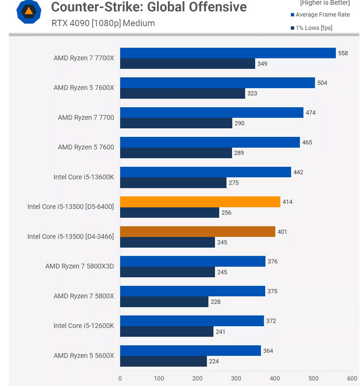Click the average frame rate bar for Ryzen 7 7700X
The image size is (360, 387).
[228, 53]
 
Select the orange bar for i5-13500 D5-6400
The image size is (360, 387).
[200, 202]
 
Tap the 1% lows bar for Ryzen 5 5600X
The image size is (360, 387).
[163, 361]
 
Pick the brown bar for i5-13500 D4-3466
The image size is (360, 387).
[198, 232]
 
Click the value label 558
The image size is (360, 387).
[343, 53]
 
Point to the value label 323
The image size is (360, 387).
[252, 94]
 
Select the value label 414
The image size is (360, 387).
[287, 202]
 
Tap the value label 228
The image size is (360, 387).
[215, 302]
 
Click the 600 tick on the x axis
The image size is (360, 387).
[352, 378]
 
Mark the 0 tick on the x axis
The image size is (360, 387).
[120, 378]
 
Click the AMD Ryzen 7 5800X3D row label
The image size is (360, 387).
[80, 266]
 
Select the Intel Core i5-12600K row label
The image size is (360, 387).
[84, 326]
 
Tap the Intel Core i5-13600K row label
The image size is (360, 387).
[84, 177]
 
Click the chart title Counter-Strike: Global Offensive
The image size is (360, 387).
[149, 8]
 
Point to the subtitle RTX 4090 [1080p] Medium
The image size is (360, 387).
[103, 23]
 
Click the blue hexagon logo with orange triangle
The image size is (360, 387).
[29, 12]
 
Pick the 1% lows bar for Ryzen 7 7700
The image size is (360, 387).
[176, 123]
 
